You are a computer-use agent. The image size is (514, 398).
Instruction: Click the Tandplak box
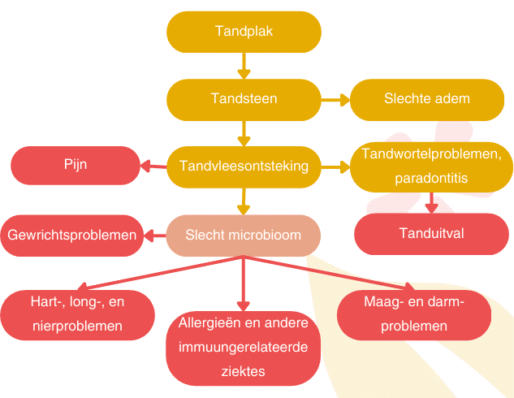click(244, 32)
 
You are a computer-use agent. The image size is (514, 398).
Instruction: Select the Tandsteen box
click(244, 99)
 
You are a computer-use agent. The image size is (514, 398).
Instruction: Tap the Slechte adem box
click(427, 99)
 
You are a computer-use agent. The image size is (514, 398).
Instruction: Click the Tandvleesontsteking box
click(244, 167)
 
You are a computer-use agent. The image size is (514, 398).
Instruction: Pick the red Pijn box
click(75, 165)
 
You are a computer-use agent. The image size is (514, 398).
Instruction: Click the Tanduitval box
click(431, 234)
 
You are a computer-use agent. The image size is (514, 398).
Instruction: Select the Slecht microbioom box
click(244, 236)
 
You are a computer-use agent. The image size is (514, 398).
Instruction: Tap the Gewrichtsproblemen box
click(71, 236)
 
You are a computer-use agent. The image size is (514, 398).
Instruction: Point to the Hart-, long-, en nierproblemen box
click(78, 315)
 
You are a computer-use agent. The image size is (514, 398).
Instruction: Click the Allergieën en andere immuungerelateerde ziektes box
click(244, 348)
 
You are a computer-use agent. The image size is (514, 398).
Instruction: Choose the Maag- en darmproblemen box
click(413, 315)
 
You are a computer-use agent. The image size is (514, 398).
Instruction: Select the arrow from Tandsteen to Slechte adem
click(335, 99)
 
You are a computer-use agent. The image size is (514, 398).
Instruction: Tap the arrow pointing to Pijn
click(153, 167)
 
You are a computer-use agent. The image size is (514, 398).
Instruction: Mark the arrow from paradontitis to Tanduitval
click(432, 202)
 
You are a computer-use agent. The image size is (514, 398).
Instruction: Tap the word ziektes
click(244, 371)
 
